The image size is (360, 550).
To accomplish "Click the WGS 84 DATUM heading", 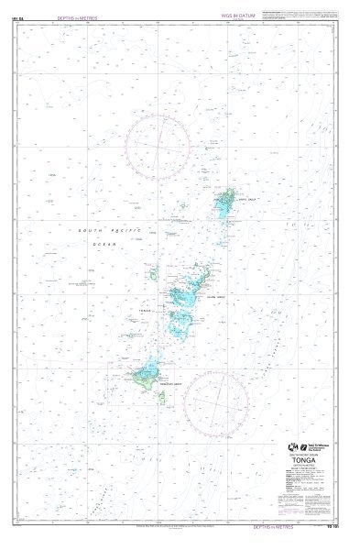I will coord(237,16).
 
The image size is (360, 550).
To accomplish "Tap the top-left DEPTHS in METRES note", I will coord(77,18).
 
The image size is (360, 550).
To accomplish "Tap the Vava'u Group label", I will coord(246,195).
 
